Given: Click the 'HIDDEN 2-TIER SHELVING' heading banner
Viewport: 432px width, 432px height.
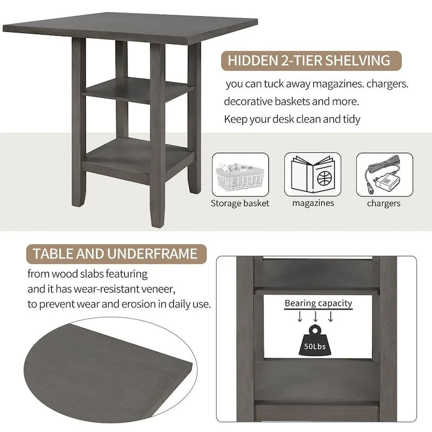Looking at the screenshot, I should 309,60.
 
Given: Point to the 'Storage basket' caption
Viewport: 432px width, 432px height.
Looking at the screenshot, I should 240,204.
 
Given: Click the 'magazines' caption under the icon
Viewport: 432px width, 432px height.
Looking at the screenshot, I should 313,204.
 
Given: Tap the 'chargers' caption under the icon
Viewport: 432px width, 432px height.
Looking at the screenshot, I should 384,204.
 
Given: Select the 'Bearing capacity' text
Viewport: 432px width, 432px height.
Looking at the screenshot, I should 319,303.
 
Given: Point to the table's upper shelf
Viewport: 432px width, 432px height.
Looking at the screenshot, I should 138,89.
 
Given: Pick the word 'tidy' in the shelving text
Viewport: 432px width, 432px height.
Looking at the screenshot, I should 350,119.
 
